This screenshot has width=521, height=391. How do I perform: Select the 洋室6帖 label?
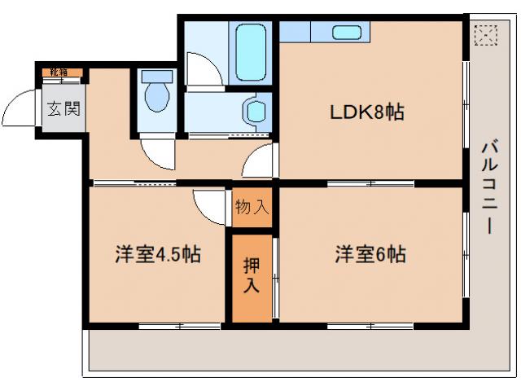point(370,253)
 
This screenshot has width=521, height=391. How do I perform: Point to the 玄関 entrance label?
point(63,108)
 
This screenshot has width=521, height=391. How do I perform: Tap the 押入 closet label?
point(251,275)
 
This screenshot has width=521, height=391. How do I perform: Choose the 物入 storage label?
point(252,207)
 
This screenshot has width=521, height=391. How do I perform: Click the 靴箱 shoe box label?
point(59,72)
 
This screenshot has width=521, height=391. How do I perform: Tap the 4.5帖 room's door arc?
point(211,205)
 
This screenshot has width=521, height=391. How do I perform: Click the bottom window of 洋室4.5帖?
point(180,326)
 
